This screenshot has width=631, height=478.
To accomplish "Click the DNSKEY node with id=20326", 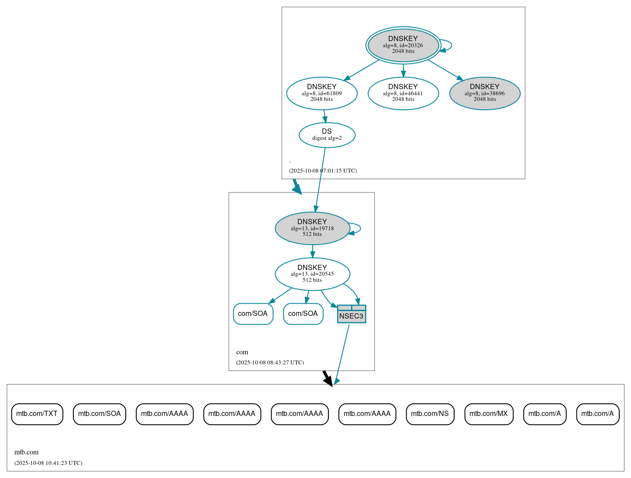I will click(403, 45).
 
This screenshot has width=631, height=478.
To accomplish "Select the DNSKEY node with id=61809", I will click(322, 93).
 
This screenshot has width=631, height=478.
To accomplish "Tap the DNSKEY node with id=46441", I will click(403, 93).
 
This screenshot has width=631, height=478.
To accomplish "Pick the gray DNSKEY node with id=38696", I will click(485, 93).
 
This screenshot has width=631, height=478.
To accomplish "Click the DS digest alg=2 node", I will click(327, 135).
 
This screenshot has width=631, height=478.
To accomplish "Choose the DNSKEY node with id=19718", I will click(312, 228).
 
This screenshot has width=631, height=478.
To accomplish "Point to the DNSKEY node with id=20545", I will click(312, 274).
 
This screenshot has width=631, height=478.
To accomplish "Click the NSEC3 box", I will click(352, 314).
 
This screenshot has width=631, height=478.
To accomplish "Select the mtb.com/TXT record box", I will click(37, 414).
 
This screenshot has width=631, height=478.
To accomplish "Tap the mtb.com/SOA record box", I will click(100, 414).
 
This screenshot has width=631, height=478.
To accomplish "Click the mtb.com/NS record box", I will click(430, 414).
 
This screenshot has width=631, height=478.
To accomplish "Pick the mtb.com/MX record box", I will click(489, 414).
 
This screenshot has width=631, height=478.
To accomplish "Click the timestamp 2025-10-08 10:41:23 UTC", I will click(48, 463).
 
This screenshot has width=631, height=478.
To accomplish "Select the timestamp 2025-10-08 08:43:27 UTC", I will click(270, 363).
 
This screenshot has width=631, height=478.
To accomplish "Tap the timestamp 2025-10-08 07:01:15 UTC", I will click(323, 171).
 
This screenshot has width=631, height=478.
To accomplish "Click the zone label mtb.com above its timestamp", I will click(27, 452).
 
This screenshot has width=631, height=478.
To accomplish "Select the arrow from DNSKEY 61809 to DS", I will click(324, 116).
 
